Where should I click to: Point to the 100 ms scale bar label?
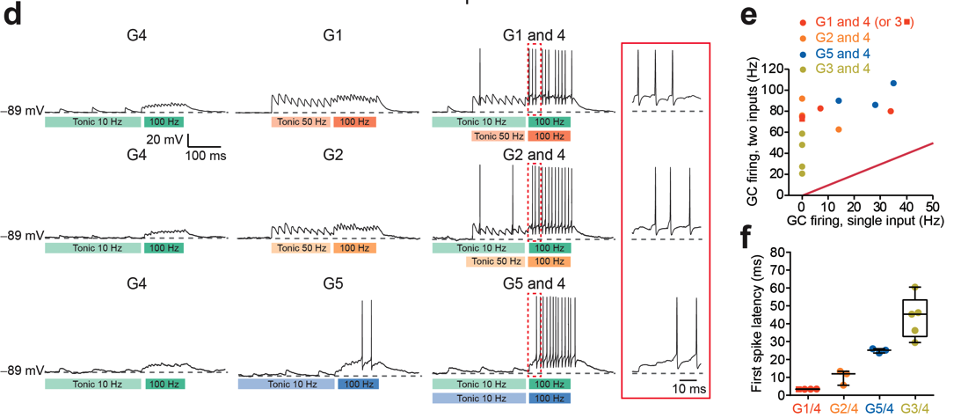[x=204, y=156]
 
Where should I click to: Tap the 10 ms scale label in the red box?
[x=688, y=388]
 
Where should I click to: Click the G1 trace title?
[x=333, y=35]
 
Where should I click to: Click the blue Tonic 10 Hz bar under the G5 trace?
[x=286, y=384]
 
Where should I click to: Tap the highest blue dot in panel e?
[x=893, y=84]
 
